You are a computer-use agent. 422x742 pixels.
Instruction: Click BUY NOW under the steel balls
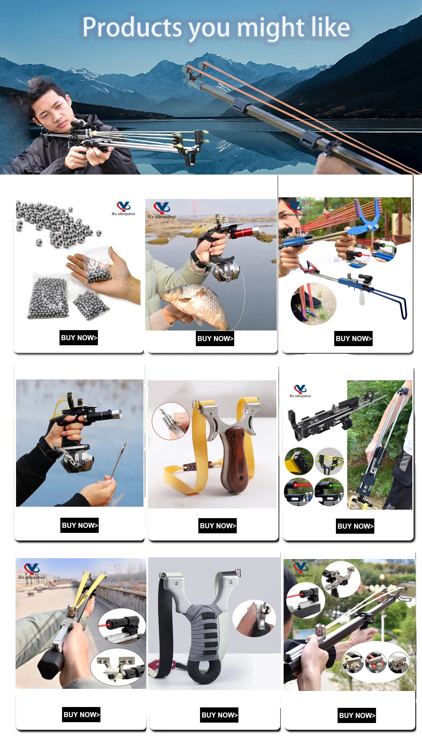79,338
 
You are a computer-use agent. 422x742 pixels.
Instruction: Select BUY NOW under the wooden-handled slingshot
218,526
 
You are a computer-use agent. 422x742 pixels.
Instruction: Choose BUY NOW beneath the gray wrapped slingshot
219,715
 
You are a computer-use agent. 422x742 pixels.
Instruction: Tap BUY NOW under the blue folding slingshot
354,339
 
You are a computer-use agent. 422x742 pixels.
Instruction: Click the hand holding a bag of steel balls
105,274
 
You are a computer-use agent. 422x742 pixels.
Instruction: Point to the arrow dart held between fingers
119,457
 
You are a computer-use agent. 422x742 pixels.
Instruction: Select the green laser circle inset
329,492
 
